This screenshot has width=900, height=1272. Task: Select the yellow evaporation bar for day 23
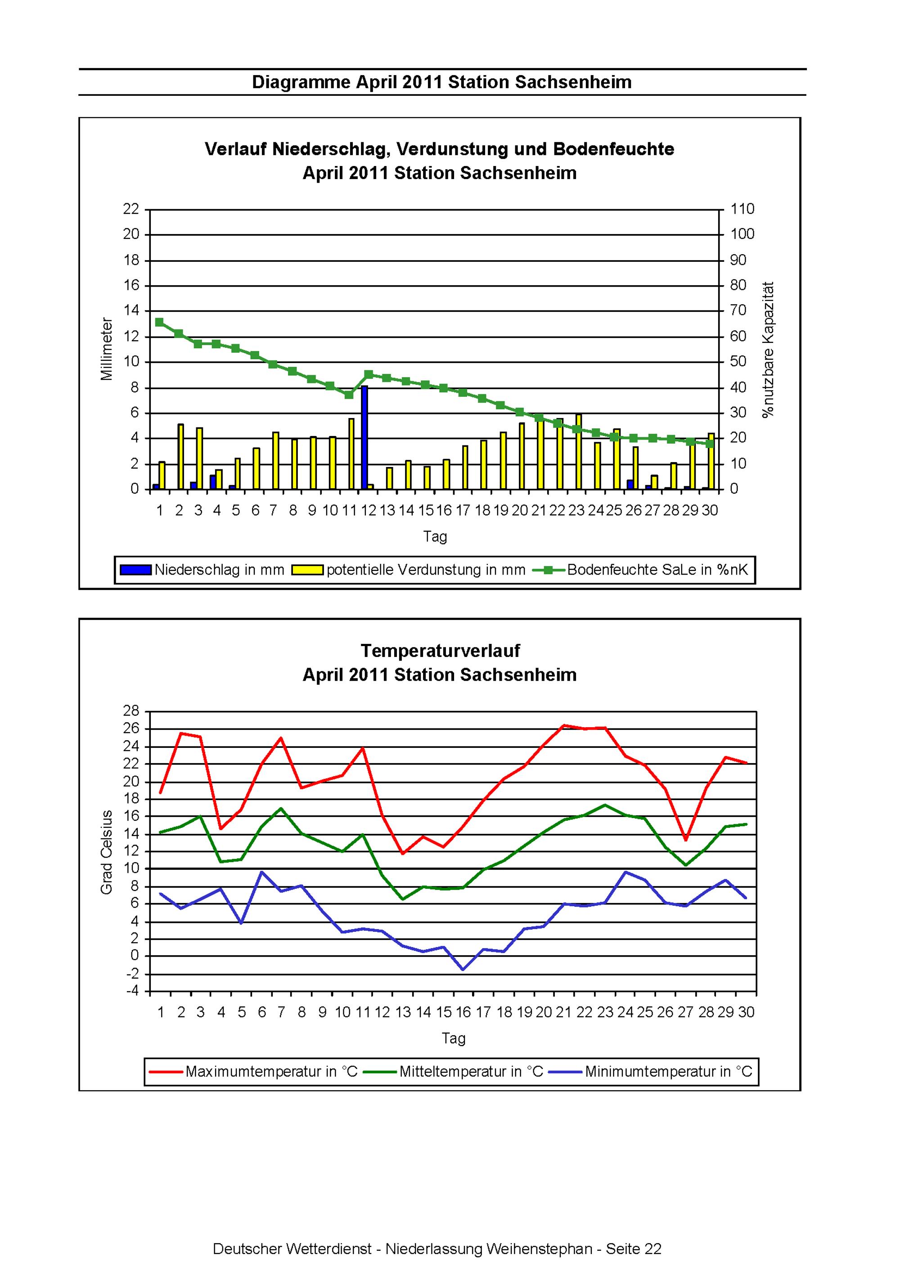pyautogui.click(x=579, y=451)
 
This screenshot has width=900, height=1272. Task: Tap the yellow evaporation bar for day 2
pyautogui.click(x=180, y=457)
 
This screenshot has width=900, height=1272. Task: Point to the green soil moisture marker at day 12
pyautogui.click(x=369, y=374)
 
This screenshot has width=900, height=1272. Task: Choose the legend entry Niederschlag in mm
pyautogui.click(x=202, y=570)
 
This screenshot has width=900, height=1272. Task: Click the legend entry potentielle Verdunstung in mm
pyautogui.click(x=409, y=570)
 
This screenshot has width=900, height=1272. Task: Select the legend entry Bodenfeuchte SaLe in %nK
pyautogui.click(x=641, y=570)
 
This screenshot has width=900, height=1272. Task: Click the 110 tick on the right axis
pyautogui.click(x=742, y=209)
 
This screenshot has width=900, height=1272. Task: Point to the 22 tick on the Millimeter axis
pyautogui.click(x=131, y=209)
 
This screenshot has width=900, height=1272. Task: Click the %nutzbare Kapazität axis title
pyautogui.click(x=768, y=350)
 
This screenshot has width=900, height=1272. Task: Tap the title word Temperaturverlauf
pyautogui.click(x=440, y=651)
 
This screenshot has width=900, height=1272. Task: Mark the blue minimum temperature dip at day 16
pyautogui.click(x=463, y=970)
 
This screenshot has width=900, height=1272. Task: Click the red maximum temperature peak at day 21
pyautogui.click(x=563, y=725)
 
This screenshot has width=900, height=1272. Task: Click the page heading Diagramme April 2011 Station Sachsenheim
pyautogui.click(x=442, y=82)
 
